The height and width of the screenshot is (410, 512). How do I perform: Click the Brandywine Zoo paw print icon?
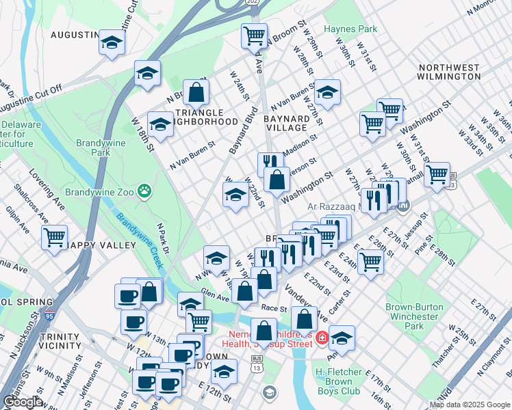coord(144,192)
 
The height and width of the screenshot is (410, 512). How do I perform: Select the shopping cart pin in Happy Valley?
coord(54,238)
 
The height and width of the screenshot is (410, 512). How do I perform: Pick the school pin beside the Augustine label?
coord(110,42)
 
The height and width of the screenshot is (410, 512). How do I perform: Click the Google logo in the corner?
coord(22,402)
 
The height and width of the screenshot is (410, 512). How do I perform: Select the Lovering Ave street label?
coord(46,196)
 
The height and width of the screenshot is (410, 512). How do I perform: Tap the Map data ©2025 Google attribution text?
coord(470,405)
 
